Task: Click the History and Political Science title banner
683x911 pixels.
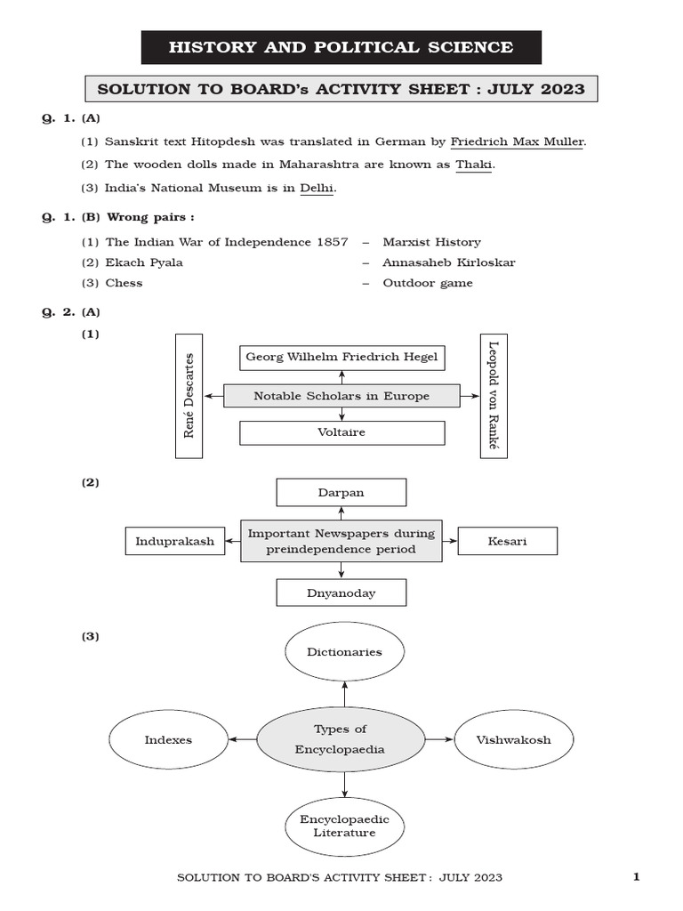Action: click(x=341, y=48)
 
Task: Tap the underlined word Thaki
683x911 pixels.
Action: click(x=474, y=165)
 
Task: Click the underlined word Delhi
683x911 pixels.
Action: click(x=317, y=188)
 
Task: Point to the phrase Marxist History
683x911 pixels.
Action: click(x=431, y=242)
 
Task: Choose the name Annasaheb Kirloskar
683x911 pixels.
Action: click(x=448, y=262)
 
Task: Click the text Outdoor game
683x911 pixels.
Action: click(x=428, y=283)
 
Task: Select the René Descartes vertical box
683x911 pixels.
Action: click(x=189, y=396)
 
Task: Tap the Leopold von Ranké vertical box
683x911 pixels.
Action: click(x=494, y=396)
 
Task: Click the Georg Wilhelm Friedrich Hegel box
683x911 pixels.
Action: click(x=341, y=358)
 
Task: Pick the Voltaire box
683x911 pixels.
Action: click(x=341, y=433)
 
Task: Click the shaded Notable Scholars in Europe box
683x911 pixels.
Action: click(x=341, y=396)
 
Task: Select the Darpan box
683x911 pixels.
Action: click(x=341, y=492)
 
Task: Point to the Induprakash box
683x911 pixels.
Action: click(x=175, y=541)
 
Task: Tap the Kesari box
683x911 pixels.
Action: click(x=507, y=541)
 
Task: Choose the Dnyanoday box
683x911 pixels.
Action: click(x=341, y=593)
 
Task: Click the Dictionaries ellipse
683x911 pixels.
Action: click(x=344, y=652)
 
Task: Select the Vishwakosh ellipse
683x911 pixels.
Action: click(x=513, y=740)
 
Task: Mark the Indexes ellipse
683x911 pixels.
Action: click(x=168, y=740)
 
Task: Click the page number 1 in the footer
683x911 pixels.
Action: click(x=636, y=878)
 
